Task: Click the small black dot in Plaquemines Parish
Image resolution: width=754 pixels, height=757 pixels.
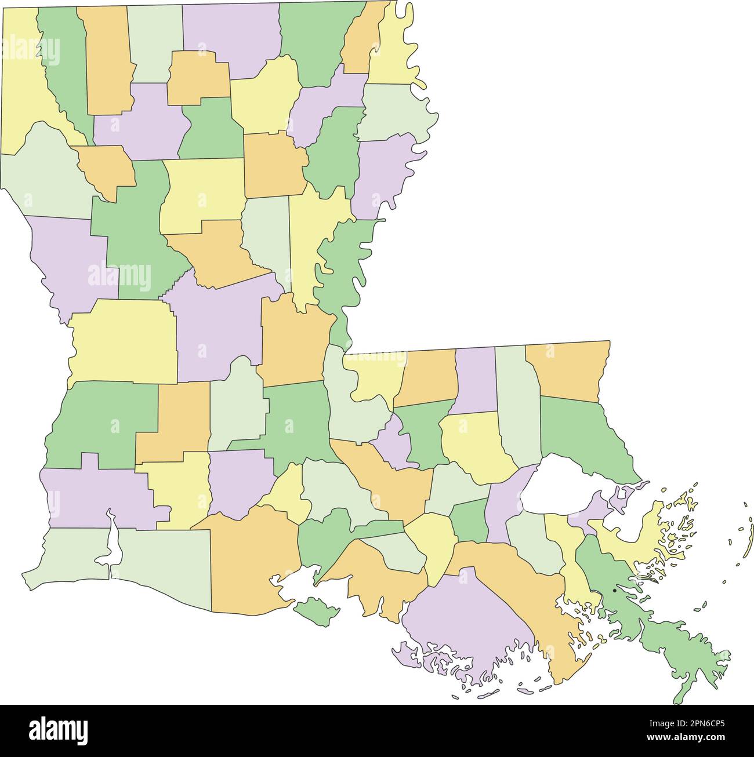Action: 614,591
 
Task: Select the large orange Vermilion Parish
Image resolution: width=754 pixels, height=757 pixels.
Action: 252,556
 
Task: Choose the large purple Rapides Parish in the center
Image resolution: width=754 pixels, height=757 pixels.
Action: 217,330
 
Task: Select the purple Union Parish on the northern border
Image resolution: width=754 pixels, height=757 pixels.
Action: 232,35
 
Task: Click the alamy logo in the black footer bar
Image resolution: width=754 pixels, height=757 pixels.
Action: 58,730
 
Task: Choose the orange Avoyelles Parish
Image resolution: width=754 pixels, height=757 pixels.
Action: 293,342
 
